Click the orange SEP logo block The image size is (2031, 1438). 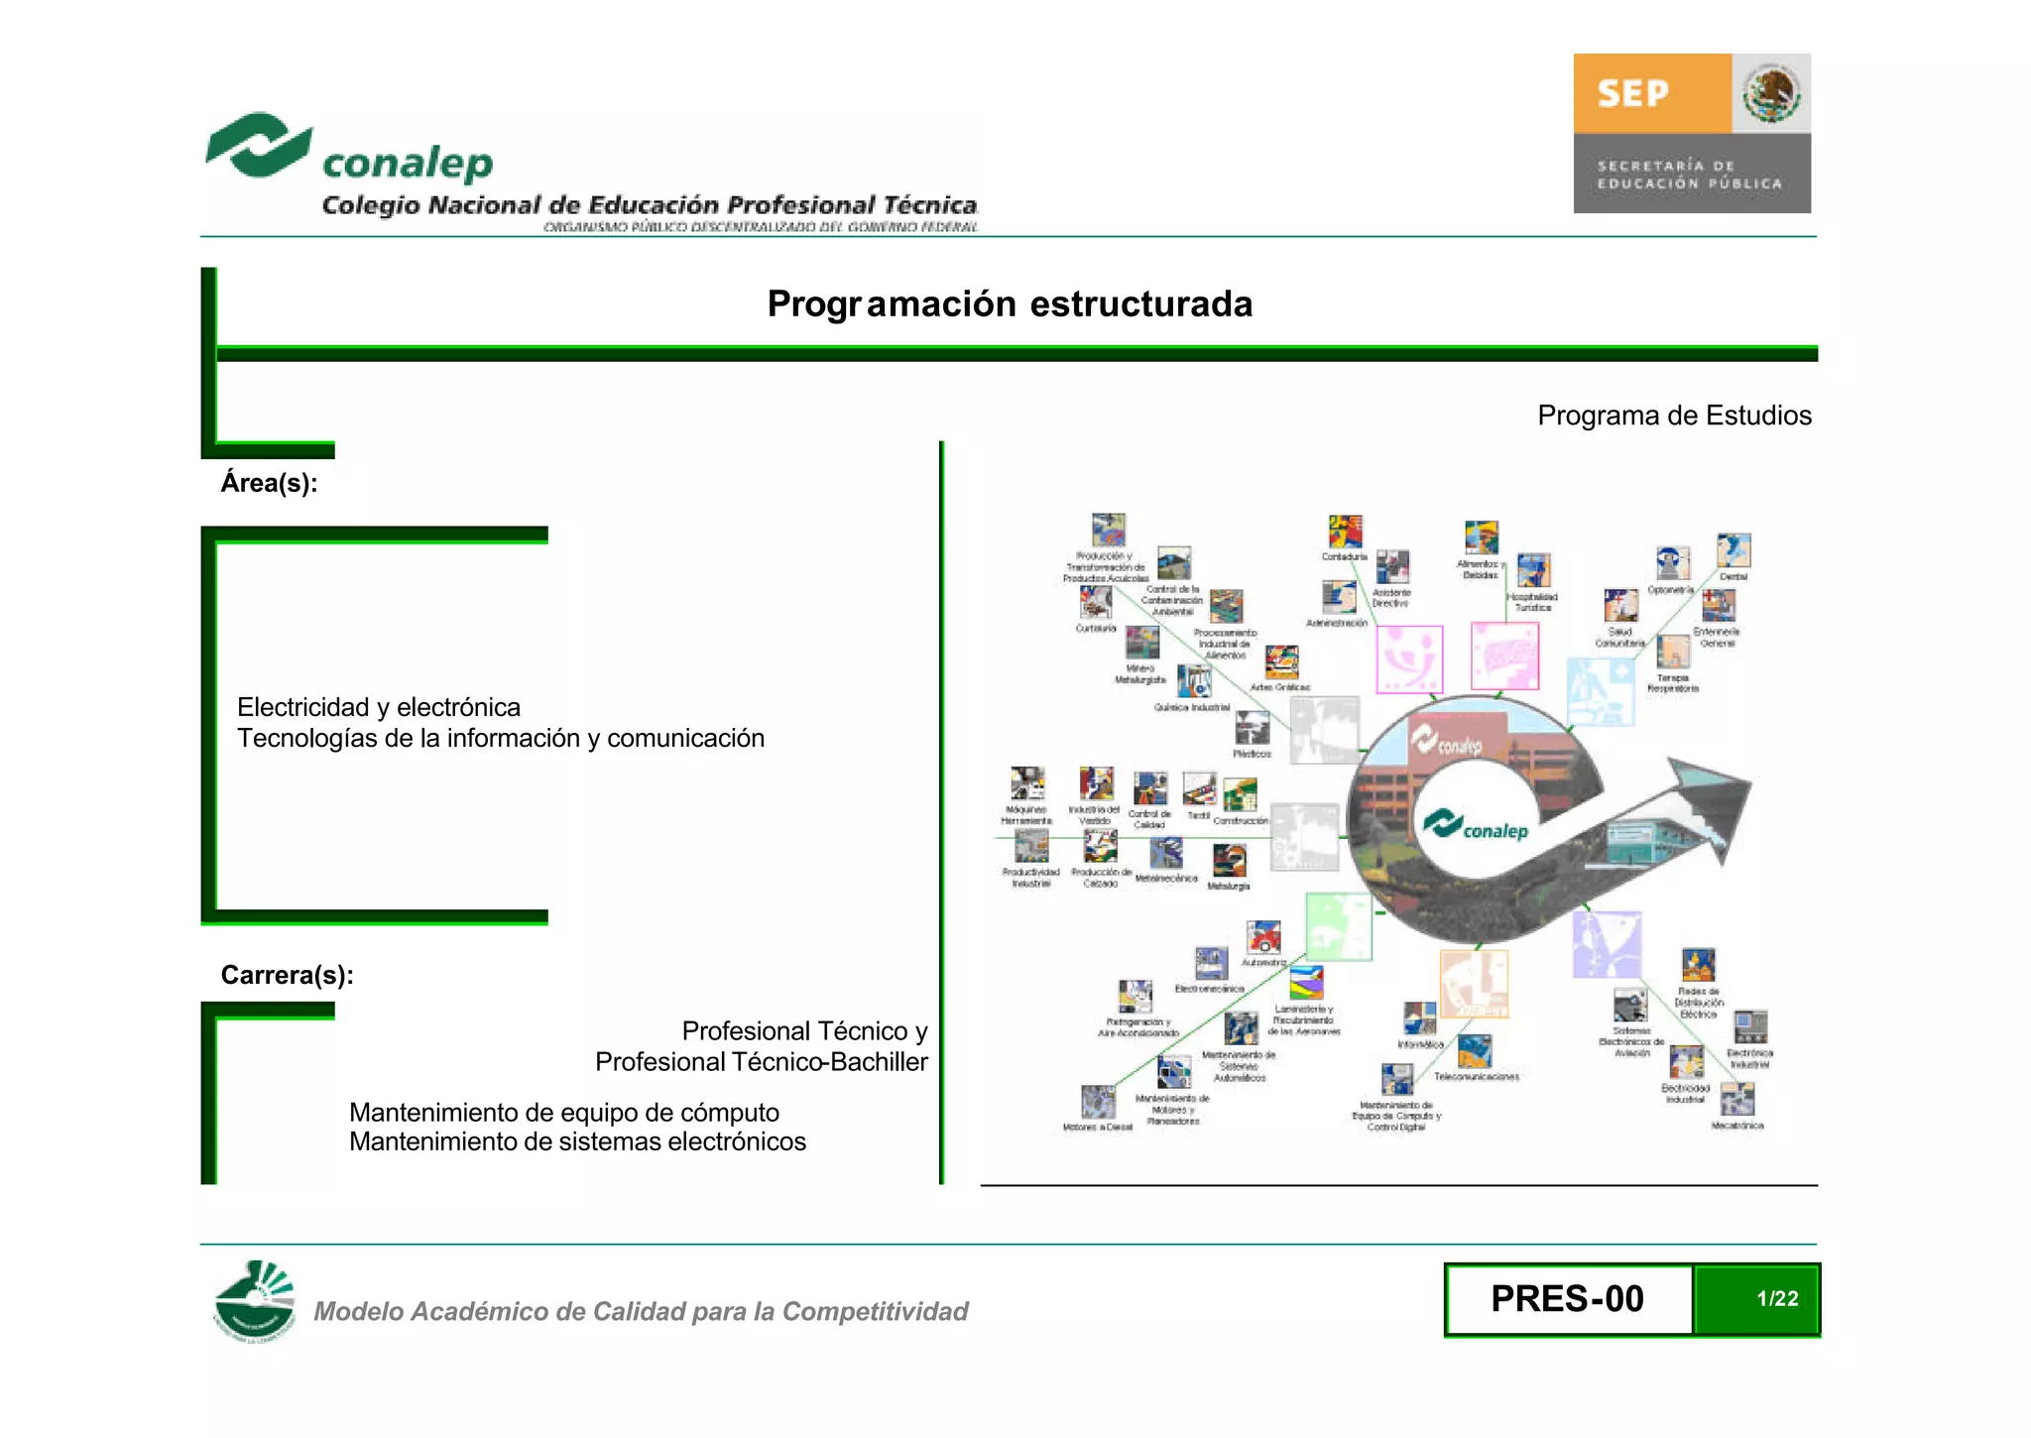[1651, 93]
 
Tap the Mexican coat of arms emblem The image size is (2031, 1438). [1771, 93]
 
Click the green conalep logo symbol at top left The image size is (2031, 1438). [258, 145]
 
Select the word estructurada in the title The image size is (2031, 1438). [1140, 303]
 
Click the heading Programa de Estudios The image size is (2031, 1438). [1674, 416]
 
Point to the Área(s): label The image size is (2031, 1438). [269, 483]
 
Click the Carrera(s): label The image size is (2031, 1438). [287, 975]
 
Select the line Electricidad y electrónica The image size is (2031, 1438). [378, 707]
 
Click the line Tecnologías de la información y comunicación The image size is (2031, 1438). [500, 738]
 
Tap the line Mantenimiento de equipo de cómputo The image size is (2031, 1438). [563, 1113]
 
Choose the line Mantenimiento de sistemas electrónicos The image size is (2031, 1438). [577, 1141]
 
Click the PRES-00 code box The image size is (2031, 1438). [1567, 1299]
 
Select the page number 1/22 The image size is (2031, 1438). [1776, 1299]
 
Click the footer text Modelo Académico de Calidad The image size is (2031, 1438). [641, 1311]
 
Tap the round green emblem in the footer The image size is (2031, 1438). [255, 1300]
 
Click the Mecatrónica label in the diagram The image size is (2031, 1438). [1736, 1126]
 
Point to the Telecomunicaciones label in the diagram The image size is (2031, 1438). [1476, 1076]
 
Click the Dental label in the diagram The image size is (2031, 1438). [1732, 576]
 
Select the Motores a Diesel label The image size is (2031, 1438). [1097, 1127]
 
